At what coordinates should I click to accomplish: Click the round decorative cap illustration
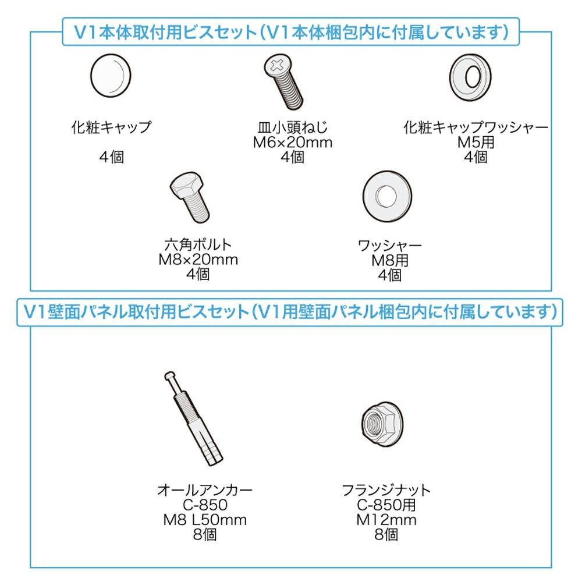111,76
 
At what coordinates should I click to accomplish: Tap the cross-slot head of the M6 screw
277,65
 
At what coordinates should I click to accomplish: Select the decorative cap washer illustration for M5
470,77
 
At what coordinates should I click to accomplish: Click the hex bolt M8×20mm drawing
190,197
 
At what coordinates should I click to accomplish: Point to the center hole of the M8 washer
386,196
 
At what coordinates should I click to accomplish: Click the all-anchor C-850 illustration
193,418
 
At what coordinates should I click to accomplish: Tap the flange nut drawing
382,424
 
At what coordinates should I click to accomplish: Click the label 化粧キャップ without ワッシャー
111,127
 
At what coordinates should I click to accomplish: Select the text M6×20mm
293,143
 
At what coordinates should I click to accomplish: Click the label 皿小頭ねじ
293,127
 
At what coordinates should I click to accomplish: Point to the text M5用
476,143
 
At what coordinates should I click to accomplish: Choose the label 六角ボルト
198,244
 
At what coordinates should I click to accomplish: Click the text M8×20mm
198,260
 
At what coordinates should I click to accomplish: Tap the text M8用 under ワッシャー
390,261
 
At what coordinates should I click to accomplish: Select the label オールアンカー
205,490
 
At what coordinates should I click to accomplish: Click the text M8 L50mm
205,520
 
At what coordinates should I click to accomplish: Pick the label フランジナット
386,490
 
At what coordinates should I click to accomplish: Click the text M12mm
386,520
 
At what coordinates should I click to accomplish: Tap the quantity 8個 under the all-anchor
205,535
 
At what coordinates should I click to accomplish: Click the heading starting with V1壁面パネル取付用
290,312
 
